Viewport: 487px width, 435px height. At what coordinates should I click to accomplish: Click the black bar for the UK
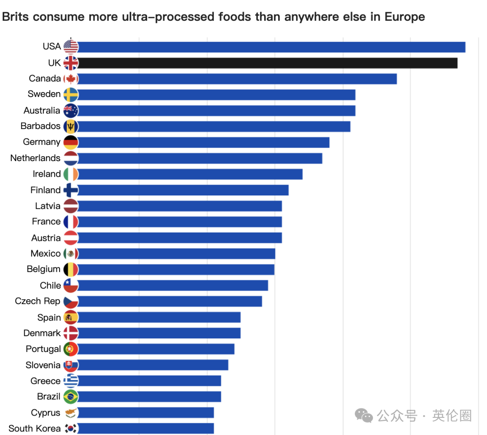[x=266, y=63]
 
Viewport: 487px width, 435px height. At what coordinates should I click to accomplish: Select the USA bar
[x=271, y=47]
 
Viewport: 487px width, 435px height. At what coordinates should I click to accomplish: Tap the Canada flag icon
[x=71, y=79]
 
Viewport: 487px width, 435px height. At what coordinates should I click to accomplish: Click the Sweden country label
[x=44, y=94]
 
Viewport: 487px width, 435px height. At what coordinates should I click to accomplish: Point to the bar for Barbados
[x=212, y=126]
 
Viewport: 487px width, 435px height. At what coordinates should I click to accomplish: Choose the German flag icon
[x=71, y=142]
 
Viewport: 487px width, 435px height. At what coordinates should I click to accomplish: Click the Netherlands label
[x=35, y=158]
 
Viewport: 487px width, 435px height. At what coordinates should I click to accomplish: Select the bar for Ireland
[x=189, y=174]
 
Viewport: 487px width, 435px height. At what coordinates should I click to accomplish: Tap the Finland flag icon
[x=71, y=190]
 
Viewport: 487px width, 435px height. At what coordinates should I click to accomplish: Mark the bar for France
[x=180, y=222]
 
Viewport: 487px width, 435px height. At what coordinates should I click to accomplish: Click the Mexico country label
[x=46, y=254]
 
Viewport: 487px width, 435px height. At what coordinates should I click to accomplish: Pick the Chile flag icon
[x=71, y=285]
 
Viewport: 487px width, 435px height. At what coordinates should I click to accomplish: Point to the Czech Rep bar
[x=169, y=301]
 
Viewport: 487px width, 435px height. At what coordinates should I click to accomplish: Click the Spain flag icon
[x=71, y=317]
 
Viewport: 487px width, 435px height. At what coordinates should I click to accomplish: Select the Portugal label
[x=43, y=349]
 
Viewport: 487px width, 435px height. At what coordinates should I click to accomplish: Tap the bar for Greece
[x=149, y=381]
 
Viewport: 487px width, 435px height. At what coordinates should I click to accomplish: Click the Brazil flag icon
[x=71, y=397]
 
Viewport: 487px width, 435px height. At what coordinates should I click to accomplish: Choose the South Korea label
[x=34, y=428]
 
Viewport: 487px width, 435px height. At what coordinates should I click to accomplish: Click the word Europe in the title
[x=404, y=17]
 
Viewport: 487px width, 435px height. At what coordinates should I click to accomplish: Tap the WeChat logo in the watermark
[x=364, y=416]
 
